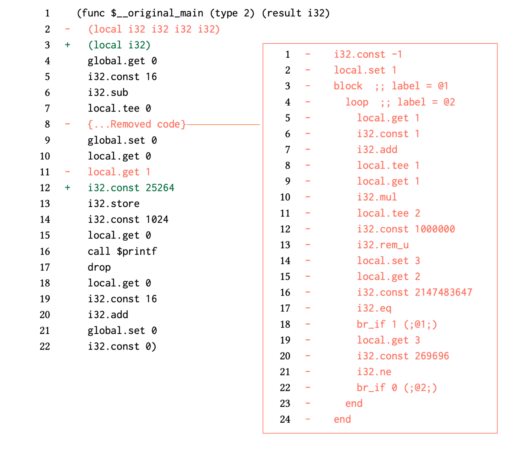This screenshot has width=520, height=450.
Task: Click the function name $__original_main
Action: (157, 13)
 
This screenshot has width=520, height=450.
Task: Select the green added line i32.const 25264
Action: (131, 188)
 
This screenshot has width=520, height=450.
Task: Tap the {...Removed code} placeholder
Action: (137, 124)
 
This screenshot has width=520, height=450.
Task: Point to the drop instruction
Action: (99, 267)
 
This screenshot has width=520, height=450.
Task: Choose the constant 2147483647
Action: (443, 292)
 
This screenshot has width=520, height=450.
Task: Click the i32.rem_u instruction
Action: (383, 245)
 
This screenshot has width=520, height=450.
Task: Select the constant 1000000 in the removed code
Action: (435, 229)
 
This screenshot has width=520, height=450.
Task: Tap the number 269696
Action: (432, 356)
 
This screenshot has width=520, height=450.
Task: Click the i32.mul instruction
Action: (377, 197)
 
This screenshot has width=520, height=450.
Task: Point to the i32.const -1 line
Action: (368, 55)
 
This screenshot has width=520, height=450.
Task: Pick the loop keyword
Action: (357, 102)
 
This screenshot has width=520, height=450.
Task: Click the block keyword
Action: (348, 86)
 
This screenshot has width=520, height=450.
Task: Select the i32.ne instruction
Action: (374, 372)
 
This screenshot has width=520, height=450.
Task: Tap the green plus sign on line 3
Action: (68, 45)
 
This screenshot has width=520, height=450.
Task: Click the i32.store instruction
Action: (114, 204)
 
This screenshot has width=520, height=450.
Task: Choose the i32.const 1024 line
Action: (128, 220)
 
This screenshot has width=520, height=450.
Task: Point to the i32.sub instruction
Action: (108, 93)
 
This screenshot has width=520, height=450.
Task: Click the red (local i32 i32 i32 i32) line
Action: (154, 29)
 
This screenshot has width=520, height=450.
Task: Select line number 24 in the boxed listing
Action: (285, 419)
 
